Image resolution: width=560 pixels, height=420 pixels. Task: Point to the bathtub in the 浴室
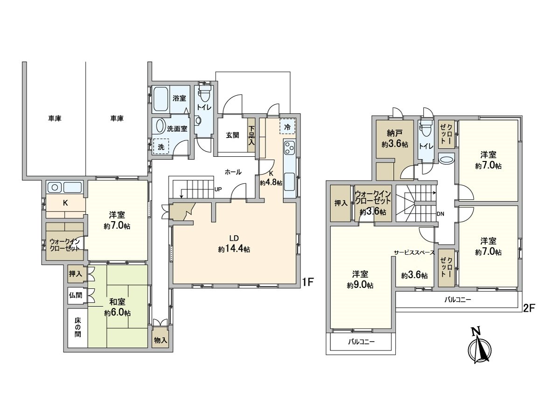(161, 98)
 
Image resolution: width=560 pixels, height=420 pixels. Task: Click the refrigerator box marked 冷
(287, 126)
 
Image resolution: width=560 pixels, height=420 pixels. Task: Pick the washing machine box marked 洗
(161, 146)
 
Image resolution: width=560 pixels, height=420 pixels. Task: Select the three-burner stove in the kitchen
(289, 148)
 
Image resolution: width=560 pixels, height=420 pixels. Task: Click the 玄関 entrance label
(232, 135)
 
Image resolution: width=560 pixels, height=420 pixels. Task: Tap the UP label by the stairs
(217, 189)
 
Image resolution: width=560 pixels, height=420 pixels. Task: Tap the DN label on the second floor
(440, 214)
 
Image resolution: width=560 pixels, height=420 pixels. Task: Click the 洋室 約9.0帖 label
(359, 280)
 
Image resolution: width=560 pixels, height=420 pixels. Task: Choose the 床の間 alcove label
(77, 328)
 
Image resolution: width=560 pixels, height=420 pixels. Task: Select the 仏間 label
(76, 295)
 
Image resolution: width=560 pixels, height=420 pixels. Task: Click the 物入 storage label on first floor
(161, 341)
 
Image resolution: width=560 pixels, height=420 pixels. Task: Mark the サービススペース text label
(414, 252)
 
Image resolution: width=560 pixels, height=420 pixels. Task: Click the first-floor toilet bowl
(204, 96)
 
